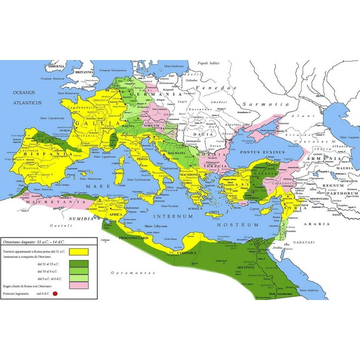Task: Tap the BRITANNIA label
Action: [85, 72]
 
